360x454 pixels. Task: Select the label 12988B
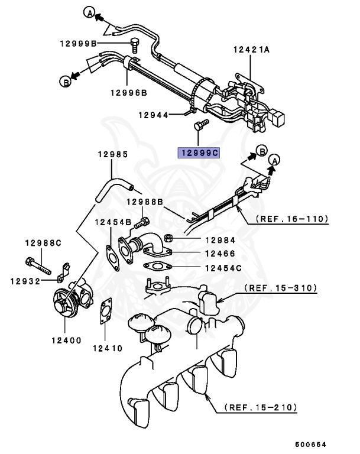click(x=144, y=202)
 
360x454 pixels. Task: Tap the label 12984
click(x=220, y=239)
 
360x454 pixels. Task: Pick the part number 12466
click(x=220, y=253)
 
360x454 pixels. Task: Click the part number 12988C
click(x=43, y=243)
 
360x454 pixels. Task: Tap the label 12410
click(x=106, y=348)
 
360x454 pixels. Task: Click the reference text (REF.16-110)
click(x=291, y=219)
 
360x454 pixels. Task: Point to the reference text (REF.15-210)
click(x=261, y=407)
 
